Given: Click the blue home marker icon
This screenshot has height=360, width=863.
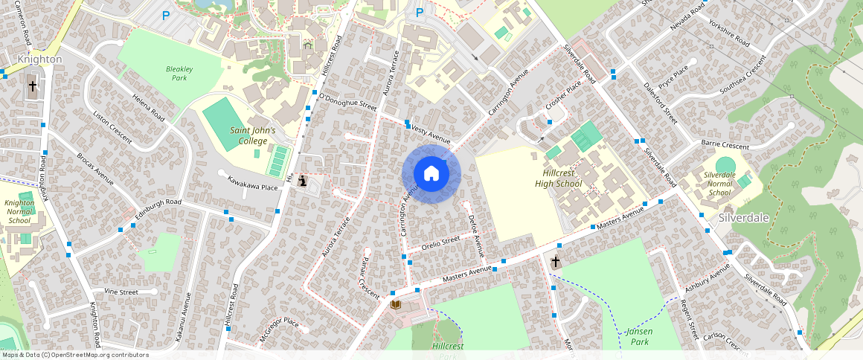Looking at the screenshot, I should click(431, 174).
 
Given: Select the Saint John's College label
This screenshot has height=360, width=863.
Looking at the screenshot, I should click(252, 135).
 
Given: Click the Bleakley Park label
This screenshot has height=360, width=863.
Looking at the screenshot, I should click(179, 73).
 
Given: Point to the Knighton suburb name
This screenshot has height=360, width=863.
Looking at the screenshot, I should click(39, 58).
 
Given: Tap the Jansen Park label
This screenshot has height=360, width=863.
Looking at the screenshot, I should click(638, 336).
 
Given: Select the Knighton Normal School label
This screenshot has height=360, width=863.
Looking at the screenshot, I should click(19, 211).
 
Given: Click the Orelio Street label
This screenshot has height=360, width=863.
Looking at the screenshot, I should click(441, 242).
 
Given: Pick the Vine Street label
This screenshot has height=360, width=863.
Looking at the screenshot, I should click(121, 292).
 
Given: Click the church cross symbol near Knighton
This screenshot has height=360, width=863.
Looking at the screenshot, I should click(33, 86).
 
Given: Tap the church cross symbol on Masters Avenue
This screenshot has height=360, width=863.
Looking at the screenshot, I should click(555, 262).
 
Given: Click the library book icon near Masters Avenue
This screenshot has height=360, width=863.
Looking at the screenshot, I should click(396, 304).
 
